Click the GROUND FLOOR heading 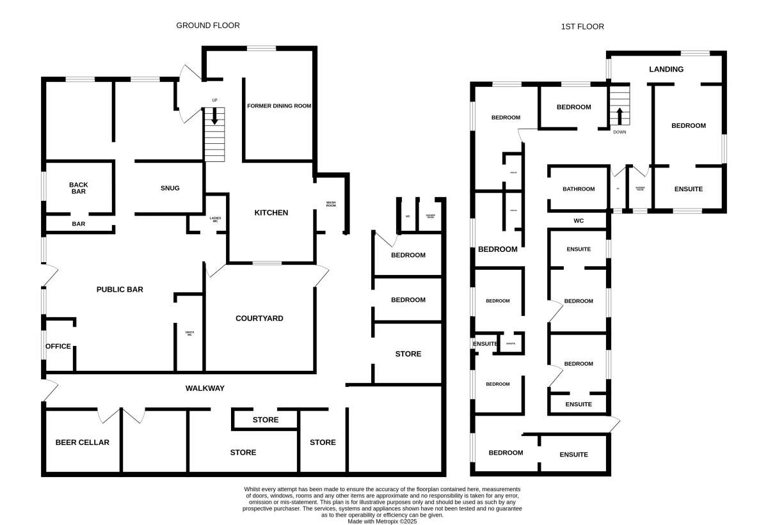pos(208,26)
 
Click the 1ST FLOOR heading pos(582,27)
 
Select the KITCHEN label pos(271,213)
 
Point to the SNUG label pos(170,188)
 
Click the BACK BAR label pos(78,188)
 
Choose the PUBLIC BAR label pos(120,290)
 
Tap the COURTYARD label pos(259,318)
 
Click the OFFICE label pos(58,347)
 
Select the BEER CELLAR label pos(83,443)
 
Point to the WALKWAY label pos(205,388)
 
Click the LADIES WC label pos(215,220)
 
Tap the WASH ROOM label pos(331,205)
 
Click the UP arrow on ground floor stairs pos(214,116)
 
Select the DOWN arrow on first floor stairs pos(620,116)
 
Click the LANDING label pos(666,69)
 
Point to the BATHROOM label pos(579,189)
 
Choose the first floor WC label pos(579,221)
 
